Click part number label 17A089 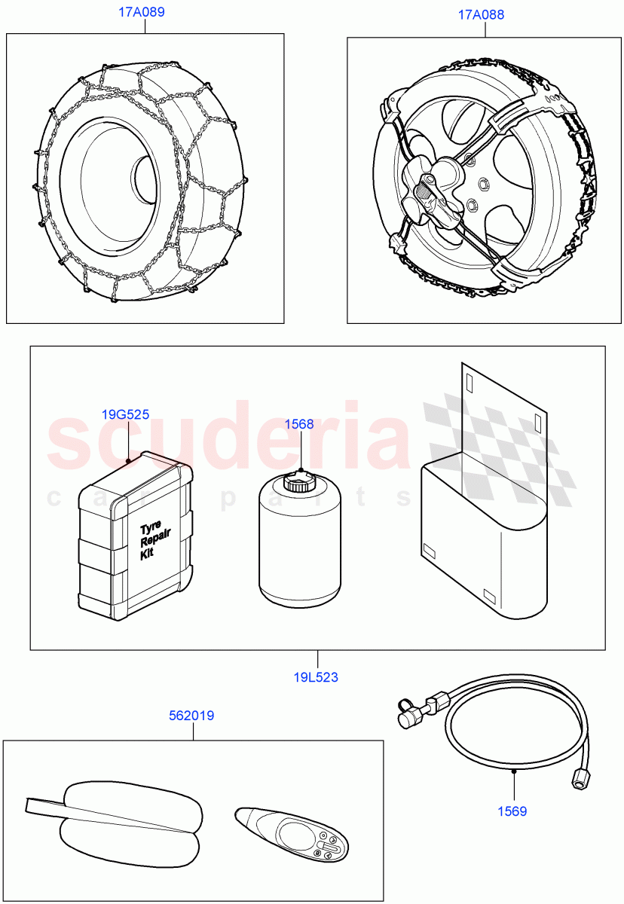tap(142, 12)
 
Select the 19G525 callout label tap(125, 414)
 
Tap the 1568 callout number tap(298, 424)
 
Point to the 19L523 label tap(316, 677)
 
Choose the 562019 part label tap(191, 716)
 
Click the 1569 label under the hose tap(512, 811)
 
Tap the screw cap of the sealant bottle tap(299, 482)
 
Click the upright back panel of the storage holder tap(504, 414)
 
